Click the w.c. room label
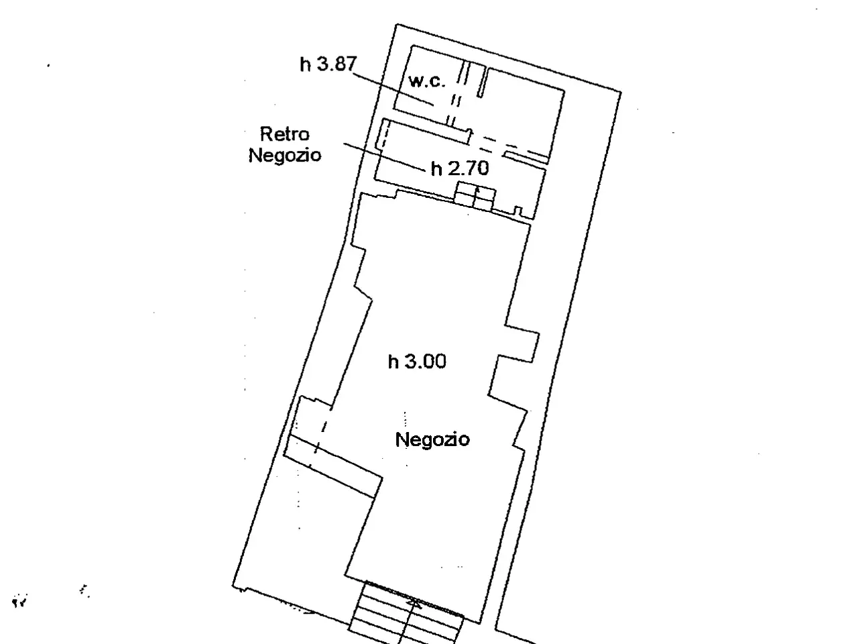coord(426,81)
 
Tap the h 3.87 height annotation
coord(328,64)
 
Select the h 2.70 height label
coord(460,168)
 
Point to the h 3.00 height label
coord(417,362)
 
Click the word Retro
coord(285,134)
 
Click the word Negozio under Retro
coord(285,155)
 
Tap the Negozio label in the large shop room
coord(432,439)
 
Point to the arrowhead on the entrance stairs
coord(414,604)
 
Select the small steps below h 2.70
coord(475,197)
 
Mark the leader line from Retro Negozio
coord(384,157)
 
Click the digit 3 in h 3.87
coord(322,64)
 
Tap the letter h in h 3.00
coord(392,362)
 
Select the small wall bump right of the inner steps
coord(517,211)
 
